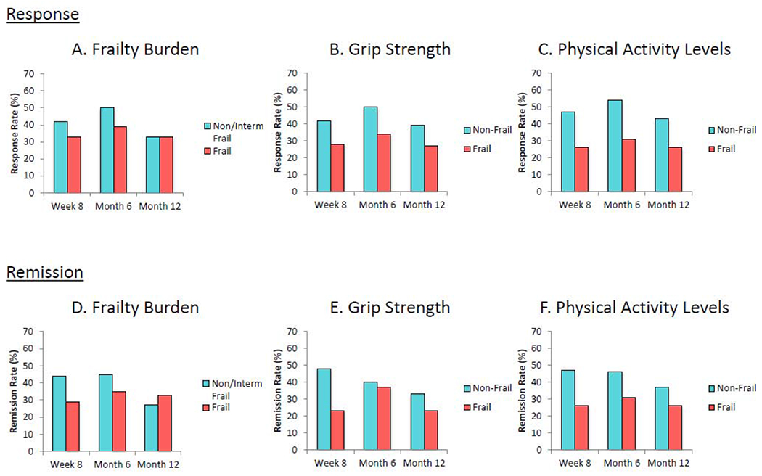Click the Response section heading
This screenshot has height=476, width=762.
(43, 14)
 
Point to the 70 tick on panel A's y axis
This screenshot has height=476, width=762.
(28, 73)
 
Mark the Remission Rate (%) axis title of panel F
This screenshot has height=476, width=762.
(523, 390)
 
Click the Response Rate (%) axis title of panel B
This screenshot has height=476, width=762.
(278, 132)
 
